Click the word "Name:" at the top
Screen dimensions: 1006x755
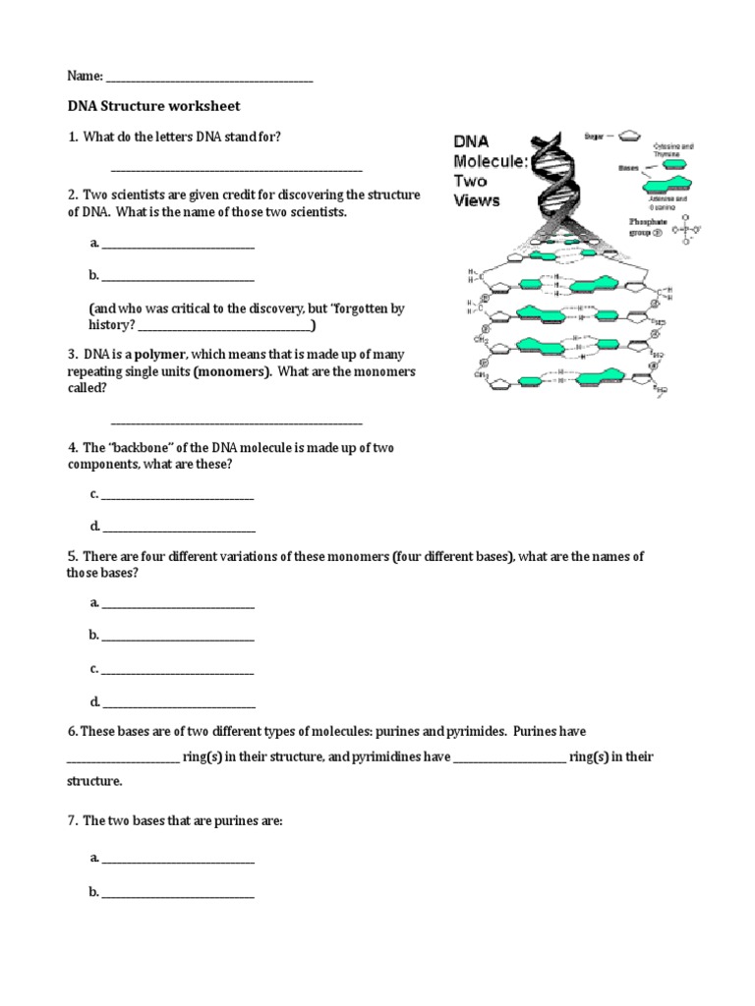[85, 76]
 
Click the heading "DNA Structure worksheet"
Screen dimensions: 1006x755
[153, 105]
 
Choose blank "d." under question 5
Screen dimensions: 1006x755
[178, 702]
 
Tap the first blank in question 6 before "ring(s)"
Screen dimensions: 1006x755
[123, 757]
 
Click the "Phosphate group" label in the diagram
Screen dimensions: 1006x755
[650, 230]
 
